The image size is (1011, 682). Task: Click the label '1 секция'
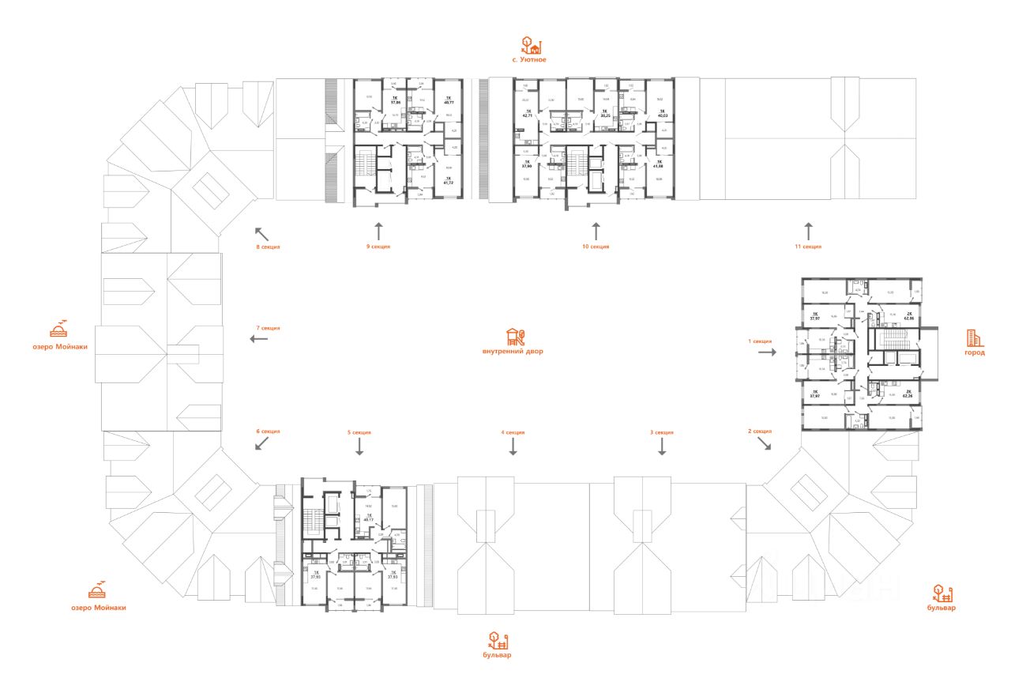tap(761, 341)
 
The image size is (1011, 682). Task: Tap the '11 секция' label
tap(808, 247)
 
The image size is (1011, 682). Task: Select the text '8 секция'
tap(269, 247)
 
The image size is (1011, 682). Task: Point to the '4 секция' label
tap(513, 432)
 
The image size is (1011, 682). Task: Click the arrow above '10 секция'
tap(596, 231)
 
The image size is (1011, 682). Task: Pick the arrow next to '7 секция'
tap(258, 339)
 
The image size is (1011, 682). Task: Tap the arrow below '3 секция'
tap(662, 447)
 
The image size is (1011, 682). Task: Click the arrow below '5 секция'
tap(359, 447)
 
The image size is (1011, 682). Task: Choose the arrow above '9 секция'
tap(378, 231)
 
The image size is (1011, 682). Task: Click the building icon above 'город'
tap(975, 338)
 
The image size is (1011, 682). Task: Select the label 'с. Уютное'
tap(529, 60)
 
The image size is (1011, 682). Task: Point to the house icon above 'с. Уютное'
tap(529, 44)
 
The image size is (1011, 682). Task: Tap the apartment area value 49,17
tap(367, 520)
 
